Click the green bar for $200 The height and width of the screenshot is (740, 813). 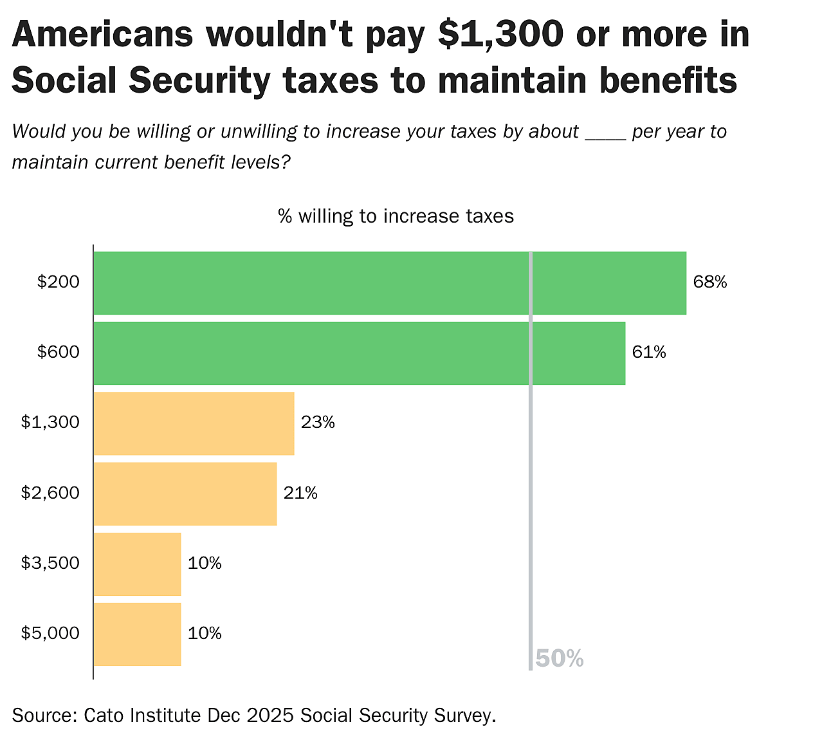390,283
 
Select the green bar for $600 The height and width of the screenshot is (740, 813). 359,353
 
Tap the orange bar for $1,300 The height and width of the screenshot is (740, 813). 194,423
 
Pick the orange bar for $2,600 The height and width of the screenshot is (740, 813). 185,494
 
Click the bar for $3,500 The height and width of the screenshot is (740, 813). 137,564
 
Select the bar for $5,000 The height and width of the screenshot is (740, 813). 137,634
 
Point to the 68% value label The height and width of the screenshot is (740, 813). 710,282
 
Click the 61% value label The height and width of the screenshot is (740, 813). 649,352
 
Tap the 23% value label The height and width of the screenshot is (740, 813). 318,422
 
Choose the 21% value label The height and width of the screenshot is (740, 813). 300,493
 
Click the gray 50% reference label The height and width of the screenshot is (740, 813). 559,659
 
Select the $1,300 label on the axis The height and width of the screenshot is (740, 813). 50,422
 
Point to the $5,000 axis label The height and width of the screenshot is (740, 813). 50,633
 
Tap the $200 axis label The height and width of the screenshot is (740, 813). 59,282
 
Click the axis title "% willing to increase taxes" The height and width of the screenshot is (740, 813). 396,216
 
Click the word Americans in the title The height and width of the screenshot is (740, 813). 102,34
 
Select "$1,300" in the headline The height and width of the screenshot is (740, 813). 500,34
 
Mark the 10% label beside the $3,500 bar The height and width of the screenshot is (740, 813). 205,563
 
